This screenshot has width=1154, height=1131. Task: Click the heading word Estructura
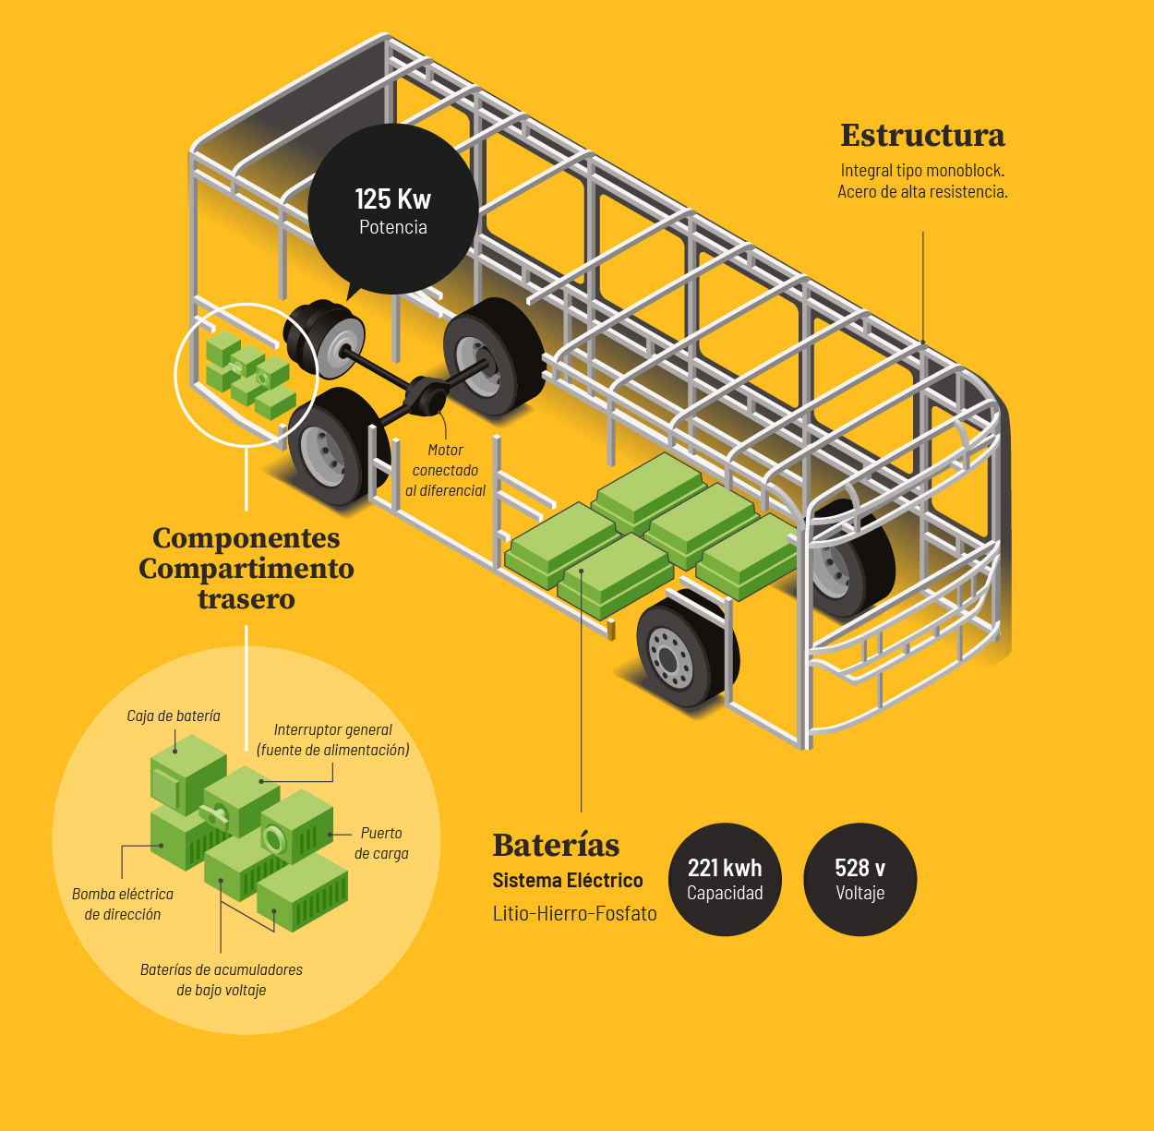922,136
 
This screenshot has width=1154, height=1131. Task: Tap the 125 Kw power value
392,199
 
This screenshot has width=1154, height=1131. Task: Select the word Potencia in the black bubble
392,227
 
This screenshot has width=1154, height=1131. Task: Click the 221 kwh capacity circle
725,879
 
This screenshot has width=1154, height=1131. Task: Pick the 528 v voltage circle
859,879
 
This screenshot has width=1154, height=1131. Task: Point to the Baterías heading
556,845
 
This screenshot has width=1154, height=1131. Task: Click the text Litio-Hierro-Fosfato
574,913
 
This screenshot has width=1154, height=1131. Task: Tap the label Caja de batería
174,716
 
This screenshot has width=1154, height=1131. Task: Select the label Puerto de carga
381,843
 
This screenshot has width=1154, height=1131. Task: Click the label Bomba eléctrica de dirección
123,904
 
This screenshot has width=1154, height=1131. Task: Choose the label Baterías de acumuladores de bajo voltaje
222,980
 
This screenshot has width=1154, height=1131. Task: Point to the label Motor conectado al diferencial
445,470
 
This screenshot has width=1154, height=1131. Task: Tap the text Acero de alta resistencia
922,192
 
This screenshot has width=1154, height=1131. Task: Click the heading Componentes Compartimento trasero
246,568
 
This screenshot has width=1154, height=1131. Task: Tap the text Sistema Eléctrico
567,880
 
